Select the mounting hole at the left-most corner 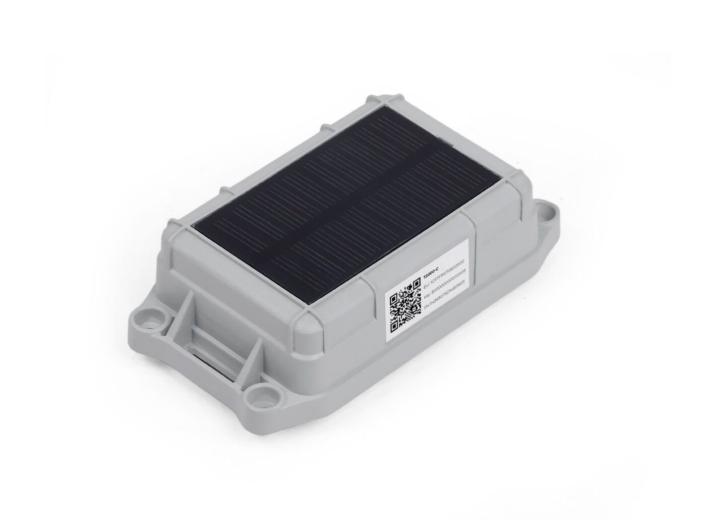[150, 318]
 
